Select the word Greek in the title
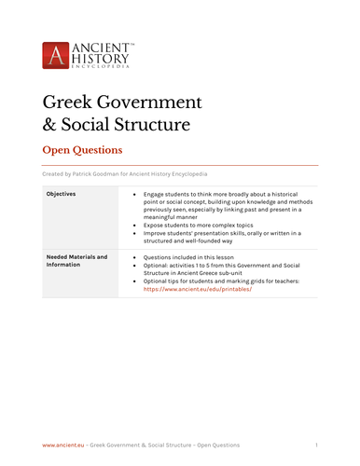[70, 102]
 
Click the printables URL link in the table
[197, 290]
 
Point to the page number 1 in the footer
[316, 445]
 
